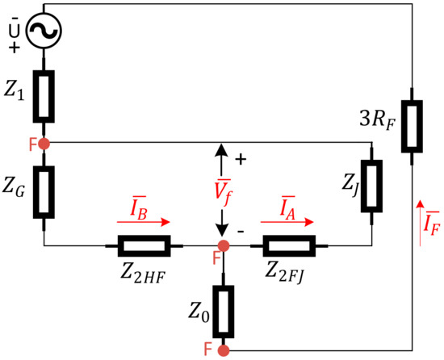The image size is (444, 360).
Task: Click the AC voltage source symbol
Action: click(x=43, y=32)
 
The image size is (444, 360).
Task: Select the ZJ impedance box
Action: click(x=371, y=185)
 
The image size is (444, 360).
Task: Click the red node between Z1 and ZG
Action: click(x=44, y=144)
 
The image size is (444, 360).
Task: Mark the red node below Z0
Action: click(x=224, y=350)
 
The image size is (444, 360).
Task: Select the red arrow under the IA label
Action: click(x=284, y=220)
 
